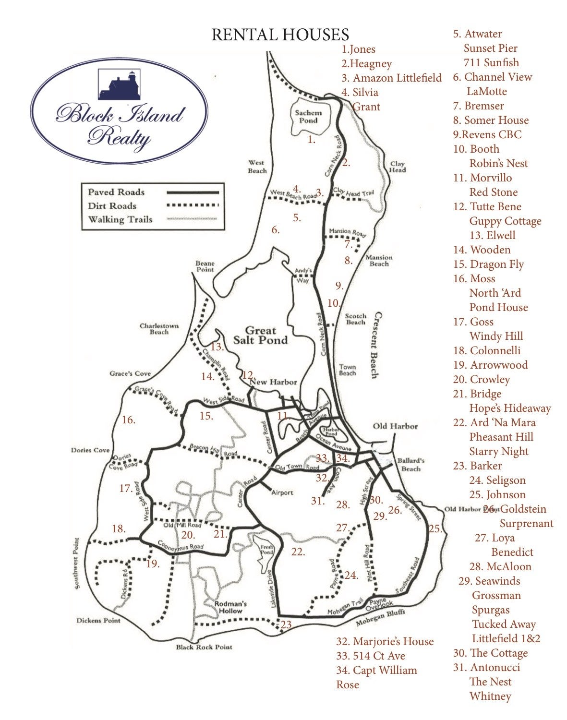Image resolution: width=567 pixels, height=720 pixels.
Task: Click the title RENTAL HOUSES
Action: (280, 35)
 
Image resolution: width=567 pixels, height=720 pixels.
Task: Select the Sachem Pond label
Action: (308, 117)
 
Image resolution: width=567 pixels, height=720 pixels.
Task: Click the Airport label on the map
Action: (282, 492)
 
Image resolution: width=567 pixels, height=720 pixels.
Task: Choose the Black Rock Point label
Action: (204, 647)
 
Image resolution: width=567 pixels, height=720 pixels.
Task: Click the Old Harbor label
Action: (395, 426)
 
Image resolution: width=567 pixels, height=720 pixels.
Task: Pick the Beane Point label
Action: (205, 266)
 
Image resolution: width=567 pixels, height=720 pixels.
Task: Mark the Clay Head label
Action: (398, 167)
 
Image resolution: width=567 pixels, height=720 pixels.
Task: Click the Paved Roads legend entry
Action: (116, 192)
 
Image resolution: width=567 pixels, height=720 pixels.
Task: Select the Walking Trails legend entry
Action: (120, 220)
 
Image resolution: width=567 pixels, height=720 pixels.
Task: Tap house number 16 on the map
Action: (128, 420)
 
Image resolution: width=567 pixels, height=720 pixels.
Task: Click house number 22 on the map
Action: (298, 552)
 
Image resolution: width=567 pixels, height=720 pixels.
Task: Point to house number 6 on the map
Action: (275, 230)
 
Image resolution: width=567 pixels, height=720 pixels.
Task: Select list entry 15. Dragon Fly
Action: (488, 264)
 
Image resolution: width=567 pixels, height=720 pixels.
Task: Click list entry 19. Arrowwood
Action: (490, 365)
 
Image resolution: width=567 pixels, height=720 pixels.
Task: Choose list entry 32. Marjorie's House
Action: (385, 641)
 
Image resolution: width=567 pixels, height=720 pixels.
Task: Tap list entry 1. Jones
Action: (358, 49)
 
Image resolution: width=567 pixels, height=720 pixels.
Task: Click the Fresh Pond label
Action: (266, 550)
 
